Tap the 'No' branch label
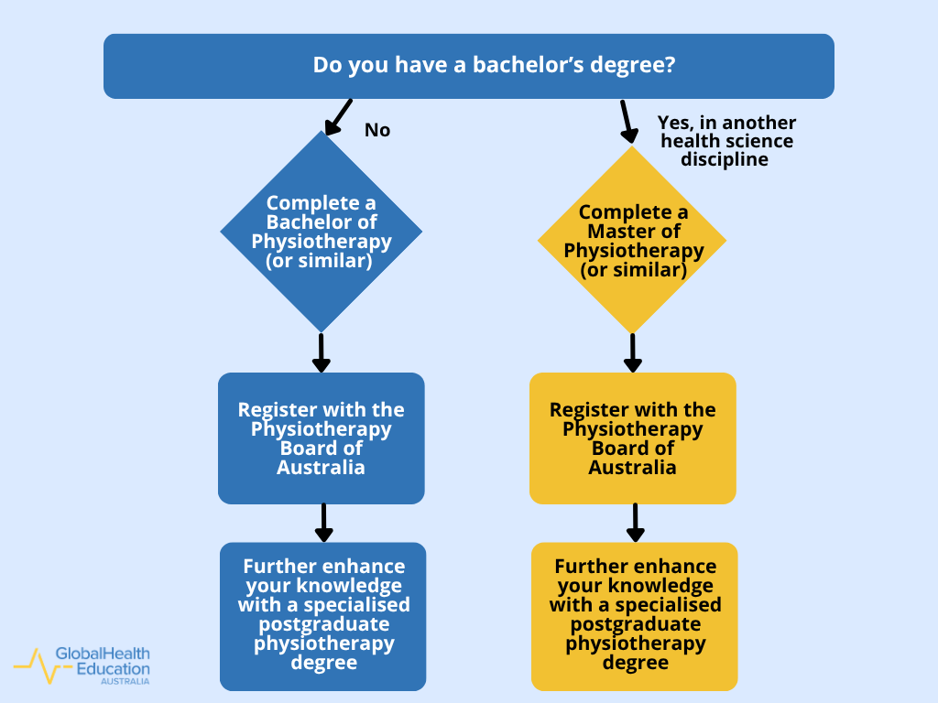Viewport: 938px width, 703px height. tap(377, 130)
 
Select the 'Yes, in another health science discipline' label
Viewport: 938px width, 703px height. tap(726, 140)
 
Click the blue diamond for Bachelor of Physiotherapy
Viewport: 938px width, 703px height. tap(321, 232)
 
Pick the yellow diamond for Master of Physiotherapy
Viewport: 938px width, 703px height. tap(632, 240)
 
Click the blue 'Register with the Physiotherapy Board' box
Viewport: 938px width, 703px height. tap(321, 438)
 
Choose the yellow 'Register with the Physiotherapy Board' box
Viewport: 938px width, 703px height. tap(632, 438)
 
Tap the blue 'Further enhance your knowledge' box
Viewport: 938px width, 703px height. tap(322, 616)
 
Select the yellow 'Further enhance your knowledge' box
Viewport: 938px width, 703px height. tap(634, 616)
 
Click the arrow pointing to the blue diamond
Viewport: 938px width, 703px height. tap(337, 116)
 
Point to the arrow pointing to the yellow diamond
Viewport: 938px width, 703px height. tap(627, 121)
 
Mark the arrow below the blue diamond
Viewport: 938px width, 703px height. tap(321, 352)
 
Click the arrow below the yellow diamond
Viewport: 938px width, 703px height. tap(632, 352)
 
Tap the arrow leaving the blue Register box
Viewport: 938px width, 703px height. tap(323, 522)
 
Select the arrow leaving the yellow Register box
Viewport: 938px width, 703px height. tap(635, 522)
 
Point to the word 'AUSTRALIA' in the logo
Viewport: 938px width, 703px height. tap(125, 682)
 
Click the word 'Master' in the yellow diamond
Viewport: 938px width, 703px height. tap(633, 232)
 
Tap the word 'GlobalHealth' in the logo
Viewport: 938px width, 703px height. tap(103, 654)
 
